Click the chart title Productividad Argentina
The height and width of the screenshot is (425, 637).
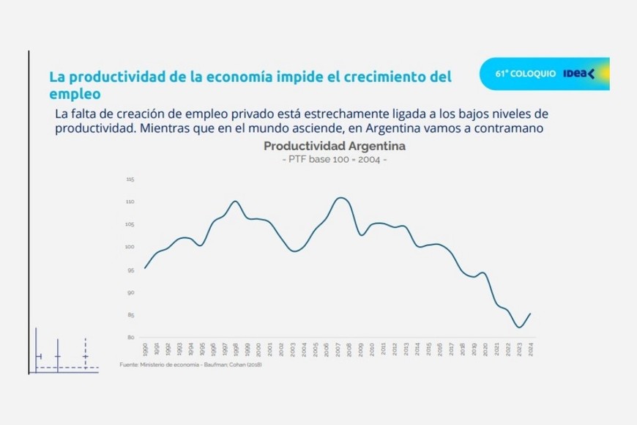pyautogui.click(x=334, y=147)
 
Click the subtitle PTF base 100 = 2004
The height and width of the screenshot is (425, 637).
pyautogui.click(x=334, y=160)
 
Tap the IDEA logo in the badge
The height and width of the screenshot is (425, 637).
pyautogui.click(x=579, y=73)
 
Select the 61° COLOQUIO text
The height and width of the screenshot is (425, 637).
pyautogui.click(x=525, y=74)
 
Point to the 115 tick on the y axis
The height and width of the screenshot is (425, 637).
pyautogui.click(x=130, y=180)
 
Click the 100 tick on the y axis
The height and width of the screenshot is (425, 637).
pyautogui.click(x=130, y=248)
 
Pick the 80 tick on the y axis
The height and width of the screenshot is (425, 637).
pyautogui.click(x=131, y=338)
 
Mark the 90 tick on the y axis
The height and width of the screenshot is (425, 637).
pyautogui.click(x=131, y=293)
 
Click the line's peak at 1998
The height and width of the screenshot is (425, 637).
pyautogui.click(x=235, y=201)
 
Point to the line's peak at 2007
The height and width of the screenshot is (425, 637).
pyautogui.click(x=340, y=197)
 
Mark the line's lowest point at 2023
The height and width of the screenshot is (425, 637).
pyautogui.click(x=519, y=328)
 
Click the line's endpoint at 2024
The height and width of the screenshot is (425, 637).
pyautogui.click(x=530, y=314)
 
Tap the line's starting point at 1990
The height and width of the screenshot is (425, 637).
pyautogui.click(x=144, y=268)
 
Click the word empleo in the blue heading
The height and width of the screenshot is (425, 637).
pyautogui.click(x=74, y=95)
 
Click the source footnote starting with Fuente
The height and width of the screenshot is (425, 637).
pyautogui.click(x=190, y=365)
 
